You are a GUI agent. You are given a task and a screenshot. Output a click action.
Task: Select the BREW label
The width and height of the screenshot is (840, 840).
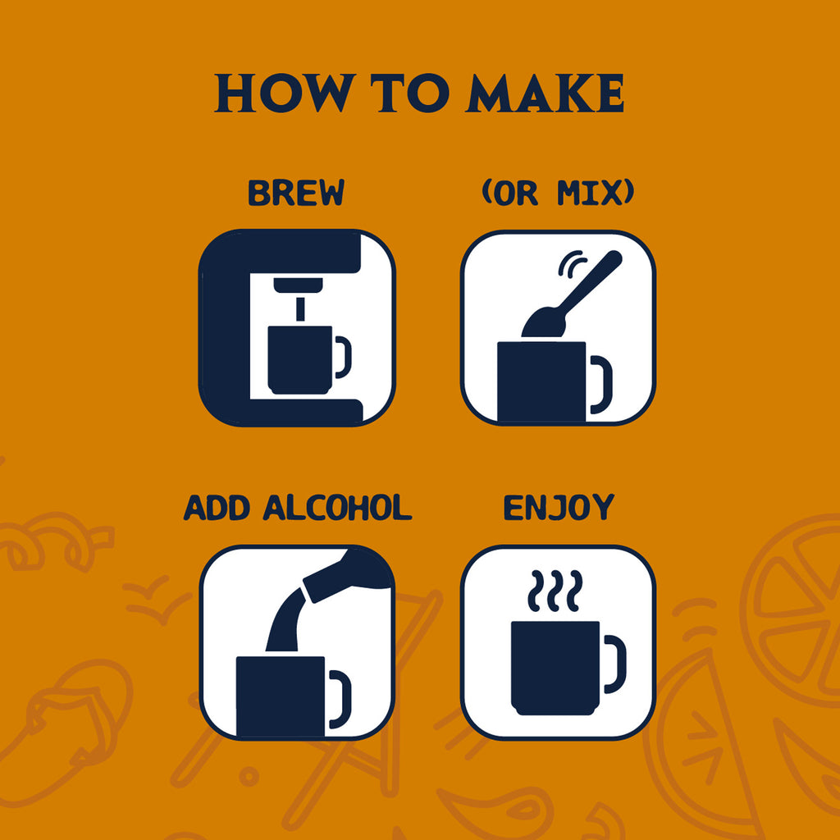tap(296, 194)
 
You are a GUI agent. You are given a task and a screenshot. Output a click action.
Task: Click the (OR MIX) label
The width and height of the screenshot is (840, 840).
tap(558, 194)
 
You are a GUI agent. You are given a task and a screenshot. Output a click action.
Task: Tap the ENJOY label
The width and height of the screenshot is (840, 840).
tap(558, 509)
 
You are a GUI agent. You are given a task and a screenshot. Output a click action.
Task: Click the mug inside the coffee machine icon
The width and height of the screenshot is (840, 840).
tap(299, 358)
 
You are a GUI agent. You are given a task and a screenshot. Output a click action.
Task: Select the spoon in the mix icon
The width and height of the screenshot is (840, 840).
tap(574, 295)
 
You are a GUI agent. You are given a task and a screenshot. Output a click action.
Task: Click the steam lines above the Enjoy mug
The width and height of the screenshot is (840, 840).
tap(555, 591)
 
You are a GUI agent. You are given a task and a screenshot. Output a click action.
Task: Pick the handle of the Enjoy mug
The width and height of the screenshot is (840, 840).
tap(615, 663)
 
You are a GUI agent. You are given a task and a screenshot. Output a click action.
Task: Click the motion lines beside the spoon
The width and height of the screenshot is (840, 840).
tap(571, 262)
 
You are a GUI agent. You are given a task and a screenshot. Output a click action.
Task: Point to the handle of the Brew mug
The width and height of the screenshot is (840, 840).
tap(342, 358)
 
